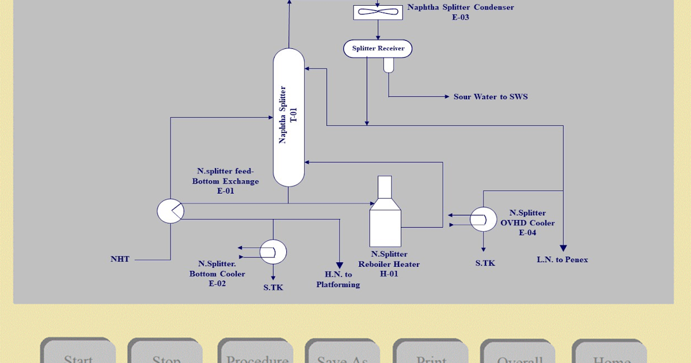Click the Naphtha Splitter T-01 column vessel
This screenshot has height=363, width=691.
(x=288, y=118)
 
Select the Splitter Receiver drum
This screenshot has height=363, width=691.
(x=378, y=49)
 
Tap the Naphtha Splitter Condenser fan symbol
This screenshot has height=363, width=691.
(x=378, y=12)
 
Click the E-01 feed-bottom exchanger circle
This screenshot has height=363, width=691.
(x=170, y=211)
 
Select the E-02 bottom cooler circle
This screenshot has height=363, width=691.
(x=273, y=251)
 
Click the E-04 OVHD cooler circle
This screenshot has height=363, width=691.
(x=483, y=219)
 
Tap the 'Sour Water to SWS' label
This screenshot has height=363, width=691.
(x=491, y=97)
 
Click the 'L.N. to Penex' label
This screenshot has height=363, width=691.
(x=563, y=260)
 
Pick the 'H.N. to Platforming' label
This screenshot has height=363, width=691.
(x=338, y=279)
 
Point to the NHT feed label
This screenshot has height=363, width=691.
(x=120, y=259)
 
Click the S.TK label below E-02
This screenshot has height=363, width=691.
(x=273, y=287)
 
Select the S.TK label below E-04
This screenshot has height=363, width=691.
(x=485, y=263)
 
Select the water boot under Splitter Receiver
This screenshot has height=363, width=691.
(x=388, y=65)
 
